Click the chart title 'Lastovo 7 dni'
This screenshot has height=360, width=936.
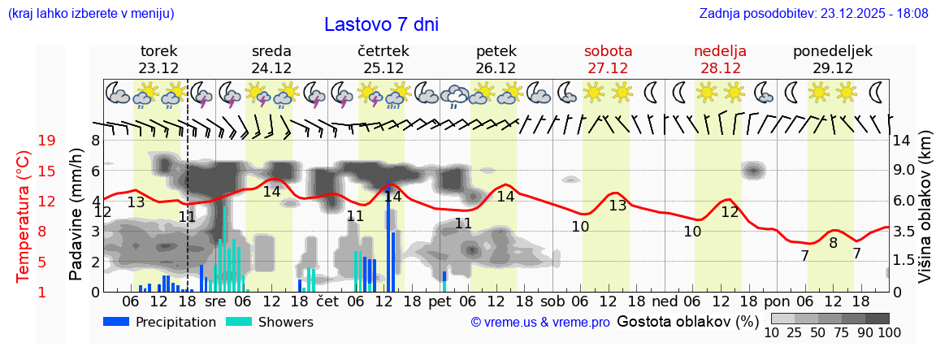[381, 24]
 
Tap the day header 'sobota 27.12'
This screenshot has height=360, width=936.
[608, 59]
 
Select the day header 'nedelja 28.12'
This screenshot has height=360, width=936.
[720, 59]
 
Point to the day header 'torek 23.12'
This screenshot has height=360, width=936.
[158, 59]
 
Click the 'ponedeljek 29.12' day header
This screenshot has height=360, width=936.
[833, 59]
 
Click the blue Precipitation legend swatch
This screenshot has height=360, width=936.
[116, 322]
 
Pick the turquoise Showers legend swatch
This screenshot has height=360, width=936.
[238, 322]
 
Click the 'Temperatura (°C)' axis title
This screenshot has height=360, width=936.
[24, 215]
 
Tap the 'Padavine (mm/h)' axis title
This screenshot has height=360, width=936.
[76, 214]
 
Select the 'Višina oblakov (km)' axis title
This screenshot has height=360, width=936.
[925, 214]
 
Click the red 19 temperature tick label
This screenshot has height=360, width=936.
[46, 141]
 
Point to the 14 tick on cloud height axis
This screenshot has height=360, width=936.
[902, 141]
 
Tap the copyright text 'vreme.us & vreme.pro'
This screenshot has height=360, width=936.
[540, 323]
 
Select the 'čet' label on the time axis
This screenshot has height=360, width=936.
[327, 301]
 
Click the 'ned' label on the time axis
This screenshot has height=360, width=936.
[665, 301]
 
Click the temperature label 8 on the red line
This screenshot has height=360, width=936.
[833, 242]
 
